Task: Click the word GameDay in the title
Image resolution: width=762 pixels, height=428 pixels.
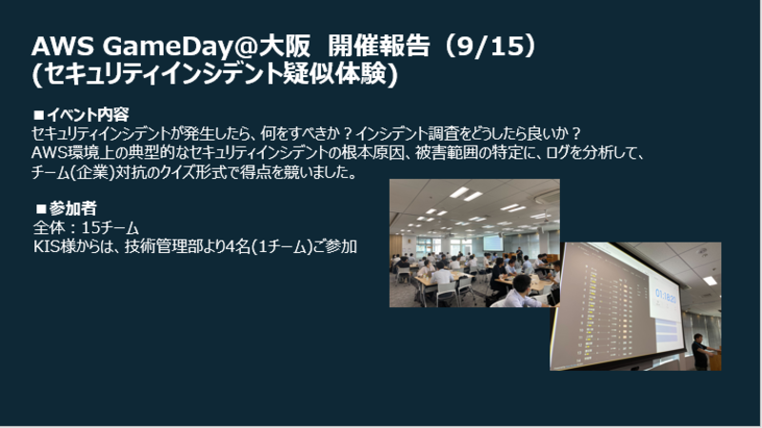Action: (162, 47)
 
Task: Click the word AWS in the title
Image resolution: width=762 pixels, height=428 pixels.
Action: (63, 47)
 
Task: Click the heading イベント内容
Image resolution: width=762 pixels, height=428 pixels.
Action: (88, 115)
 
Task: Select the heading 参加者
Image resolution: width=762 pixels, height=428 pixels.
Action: (73, 208)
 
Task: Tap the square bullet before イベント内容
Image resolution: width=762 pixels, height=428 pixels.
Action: (39, 115)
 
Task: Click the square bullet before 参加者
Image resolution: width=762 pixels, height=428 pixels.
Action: (41, 209)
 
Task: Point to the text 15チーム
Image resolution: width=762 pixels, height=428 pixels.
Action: (110, 227)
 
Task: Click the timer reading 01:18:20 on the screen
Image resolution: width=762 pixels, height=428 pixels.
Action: (666, 295)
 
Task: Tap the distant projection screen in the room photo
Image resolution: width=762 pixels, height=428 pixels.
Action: (493, 243)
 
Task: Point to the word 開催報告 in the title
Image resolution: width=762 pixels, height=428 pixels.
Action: (378, 47)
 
